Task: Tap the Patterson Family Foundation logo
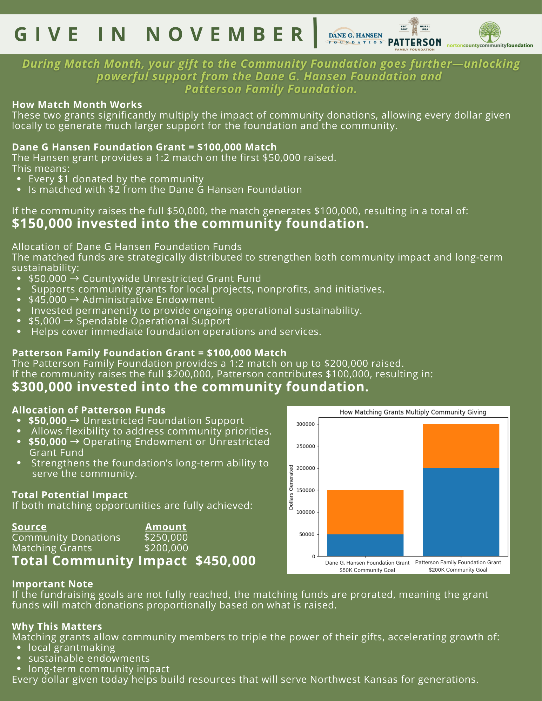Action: point(414,35)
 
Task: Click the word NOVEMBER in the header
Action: point(226,34)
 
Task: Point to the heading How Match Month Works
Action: point(77,105)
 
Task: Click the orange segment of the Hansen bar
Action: point(365,512)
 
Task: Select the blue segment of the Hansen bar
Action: point(365,545)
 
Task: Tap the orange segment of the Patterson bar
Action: point(461,446)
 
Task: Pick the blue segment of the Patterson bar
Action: point(461,512)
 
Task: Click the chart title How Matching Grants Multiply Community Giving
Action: point(413,412)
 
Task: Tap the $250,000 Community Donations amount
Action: point(166,537)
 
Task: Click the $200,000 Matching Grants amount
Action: point(166,548)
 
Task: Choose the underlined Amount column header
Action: point(166,527)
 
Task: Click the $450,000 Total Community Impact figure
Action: point(225,560)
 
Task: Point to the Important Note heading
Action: point(53,584)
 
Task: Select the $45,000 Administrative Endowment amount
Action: point(47,299)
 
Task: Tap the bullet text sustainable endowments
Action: point(89,658)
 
